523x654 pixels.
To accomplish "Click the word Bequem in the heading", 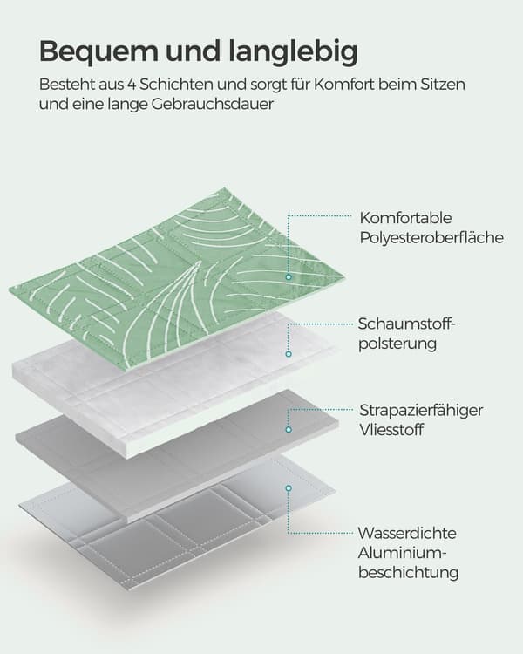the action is click(98, 52).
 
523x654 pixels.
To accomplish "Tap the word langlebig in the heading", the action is click(293, 52).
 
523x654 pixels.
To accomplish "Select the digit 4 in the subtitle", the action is click(132, 85).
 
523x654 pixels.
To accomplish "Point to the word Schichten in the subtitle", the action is click(176, 85).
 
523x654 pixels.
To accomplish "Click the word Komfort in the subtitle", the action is click(344, 85).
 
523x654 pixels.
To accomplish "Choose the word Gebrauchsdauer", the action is click(213, 105).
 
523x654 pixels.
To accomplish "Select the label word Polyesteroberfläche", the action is click(431, 238).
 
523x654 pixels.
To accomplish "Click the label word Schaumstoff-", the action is click(405, 324).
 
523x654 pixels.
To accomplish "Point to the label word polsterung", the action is click(397, 344).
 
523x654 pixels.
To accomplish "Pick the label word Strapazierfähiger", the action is click(421, 410).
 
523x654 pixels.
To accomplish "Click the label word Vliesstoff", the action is click(391, 430).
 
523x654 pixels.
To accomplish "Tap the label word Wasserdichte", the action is click(407, 533).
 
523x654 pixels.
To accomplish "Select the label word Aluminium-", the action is click(403, 553).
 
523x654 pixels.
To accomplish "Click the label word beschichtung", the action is click(408, 573).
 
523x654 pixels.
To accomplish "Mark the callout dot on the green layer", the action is click(289, 277).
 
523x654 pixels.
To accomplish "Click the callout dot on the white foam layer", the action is click(289, 354).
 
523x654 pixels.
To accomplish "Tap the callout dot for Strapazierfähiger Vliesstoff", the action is click(289, 429).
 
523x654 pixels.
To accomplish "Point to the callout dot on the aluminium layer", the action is click(289, 488).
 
